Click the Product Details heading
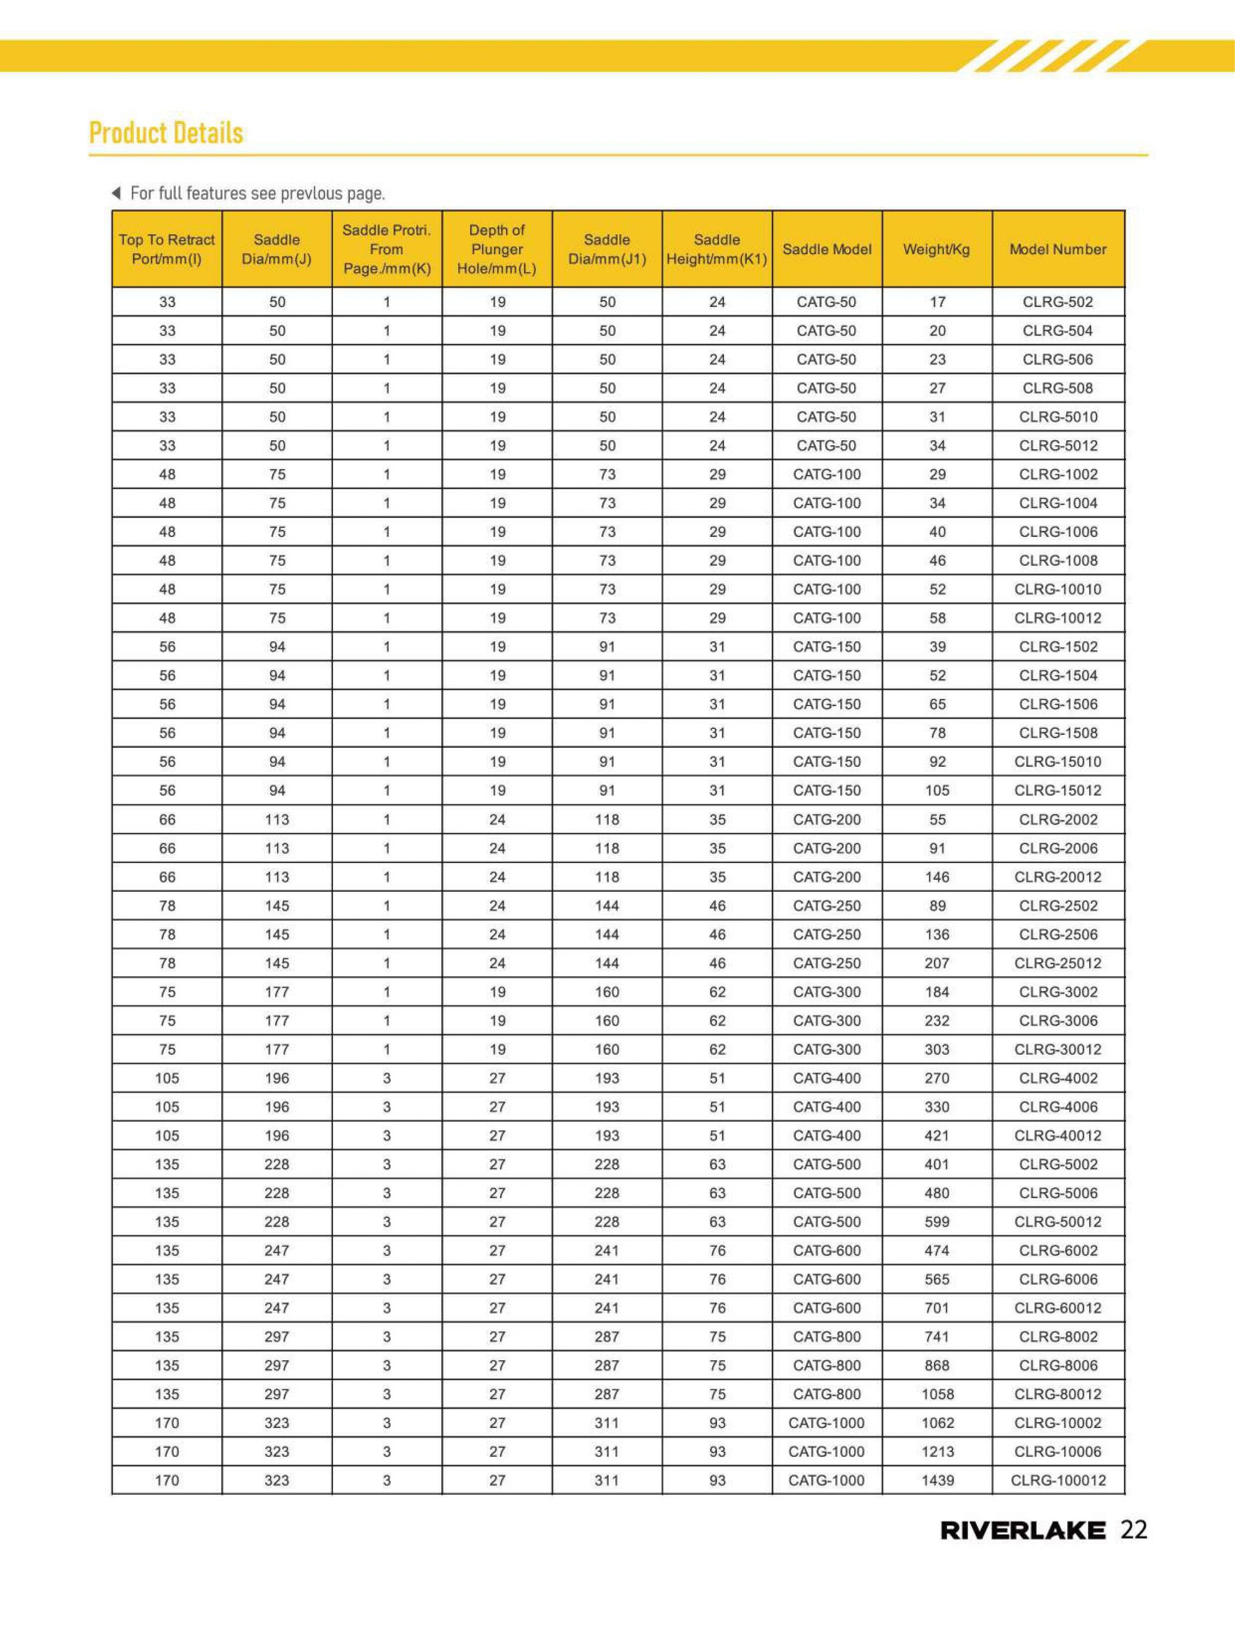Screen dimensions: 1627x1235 point(165,133)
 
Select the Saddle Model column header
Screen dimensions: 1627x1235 point(827,249)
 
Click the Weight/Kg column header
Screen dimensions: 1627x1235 point(936,249)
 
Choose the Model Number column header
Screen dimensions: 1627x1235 point(1057,249)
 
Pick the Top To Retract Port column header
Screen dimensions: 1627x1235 point(167,249)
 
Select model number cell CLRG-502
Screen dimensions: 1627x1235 point(1057,302)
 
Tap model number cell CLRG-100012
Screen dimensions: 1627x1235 point(1057,1481)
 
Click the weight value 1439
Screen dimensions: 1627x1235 point(937,1481)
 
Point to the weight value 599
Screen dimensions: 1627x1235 point(937,1222)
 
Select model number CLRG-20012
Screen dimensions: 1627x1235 point(1057,877)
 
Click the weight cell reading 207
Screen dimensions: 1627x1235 point(937,963)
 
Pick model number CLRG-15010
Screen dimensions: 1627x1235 point(1057,761)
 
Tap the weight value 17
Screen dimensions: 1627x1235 point(937,302)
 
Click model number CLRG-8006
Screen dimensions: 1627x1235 point(1057,1365)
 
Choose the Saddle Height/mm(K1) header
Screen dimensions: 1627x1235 point(716,249)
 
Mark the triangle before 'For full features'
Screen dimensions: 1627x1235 point(116,194)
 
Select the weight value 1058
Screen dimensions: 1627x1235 point(937,1394)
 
